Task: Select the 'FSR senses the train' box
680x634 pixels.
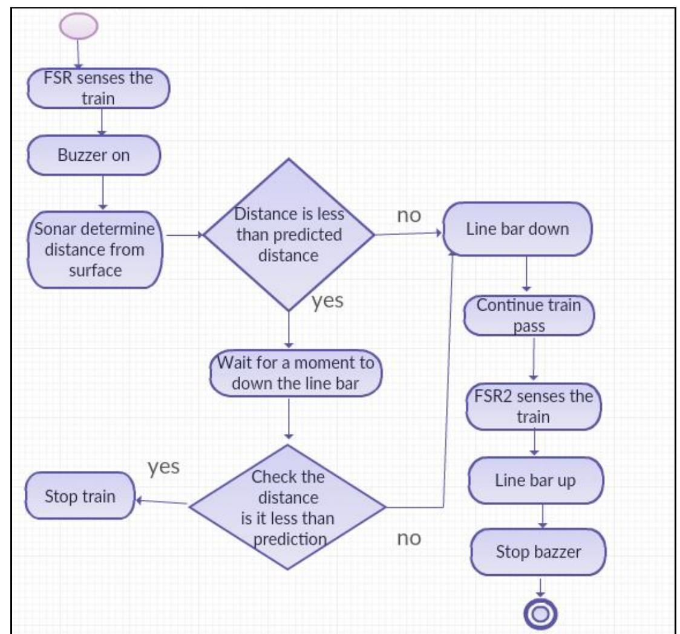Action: point(98,88)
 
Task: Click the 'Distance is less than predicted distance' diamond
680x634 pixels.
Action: point(289,236)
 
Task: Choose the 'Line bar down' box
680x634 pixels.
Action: point(517,229)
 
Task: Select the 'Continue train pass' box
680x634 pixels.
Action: point(529,315)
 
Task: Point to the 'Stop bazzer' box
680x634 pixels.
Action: point(537,551)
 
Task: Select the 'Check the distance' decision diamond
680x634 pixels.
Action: point(288,506)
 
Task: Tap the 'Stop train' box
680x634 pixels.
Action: point(80,497)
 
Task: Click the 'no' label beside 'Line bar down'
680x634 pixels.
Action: point(408,216)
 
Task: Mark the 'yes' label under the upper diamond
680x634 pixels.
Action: point(327,301)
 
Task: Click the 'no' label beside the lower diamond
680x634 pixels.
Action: point(408,539)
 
